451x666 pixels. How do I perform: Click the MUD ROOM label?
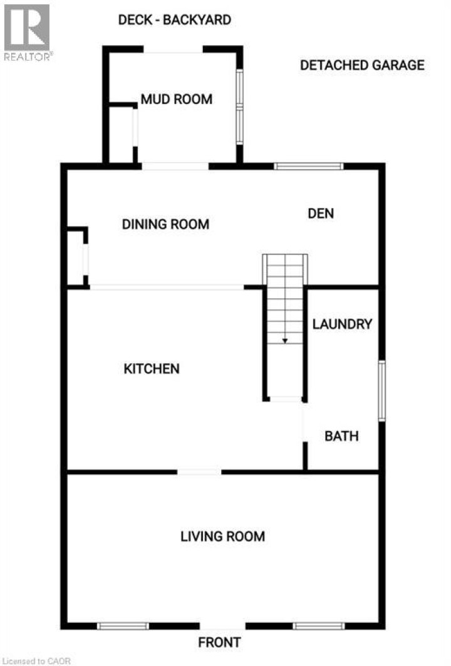(x=177, y=100)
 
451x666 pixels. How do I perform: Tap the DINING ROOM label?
(x=165, y=224)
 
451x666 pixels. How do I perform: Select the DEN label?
(x=321, y=213)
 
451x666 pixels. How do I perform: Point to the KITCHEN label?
(x=152, y=368)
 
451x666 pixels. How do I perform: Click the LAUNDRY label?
(x=342, y=324)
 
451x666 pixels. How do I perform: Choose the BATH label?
(x=341, y=436)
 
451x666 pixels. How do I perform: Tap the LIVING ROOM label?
(x=223, y=536)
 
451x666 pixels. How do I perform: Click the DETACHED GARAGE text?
(x=362, y=65)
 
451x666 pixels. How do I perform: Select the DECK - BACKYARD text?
(x=175, y=20)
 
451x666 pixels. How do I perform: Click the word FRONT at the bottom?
(x=220, y=642)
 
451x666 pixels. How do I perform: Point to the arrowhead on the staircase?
(x=285, y=341)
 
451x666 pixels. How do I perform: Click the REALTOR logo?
(x=27, y=33)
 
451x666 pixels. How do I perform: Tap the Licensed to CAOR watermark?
(x=36, y=661)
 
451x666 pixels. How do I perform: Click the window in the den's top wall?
(x=309, y=166)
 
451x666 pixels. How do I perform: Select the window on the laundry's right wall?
(x=381, y=391)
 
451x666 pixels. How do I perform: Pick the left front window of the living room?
(x=123, y=626)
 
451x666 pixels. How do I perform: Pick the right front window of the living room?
(x=319, y=626)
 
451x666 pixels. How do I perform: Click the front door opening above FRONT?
(x=222, y=626)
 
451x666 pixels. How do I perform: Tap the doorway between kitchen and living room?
(x=199, y=472)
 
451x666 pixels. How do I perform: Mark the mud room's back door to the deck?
(x=174, y=49)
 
